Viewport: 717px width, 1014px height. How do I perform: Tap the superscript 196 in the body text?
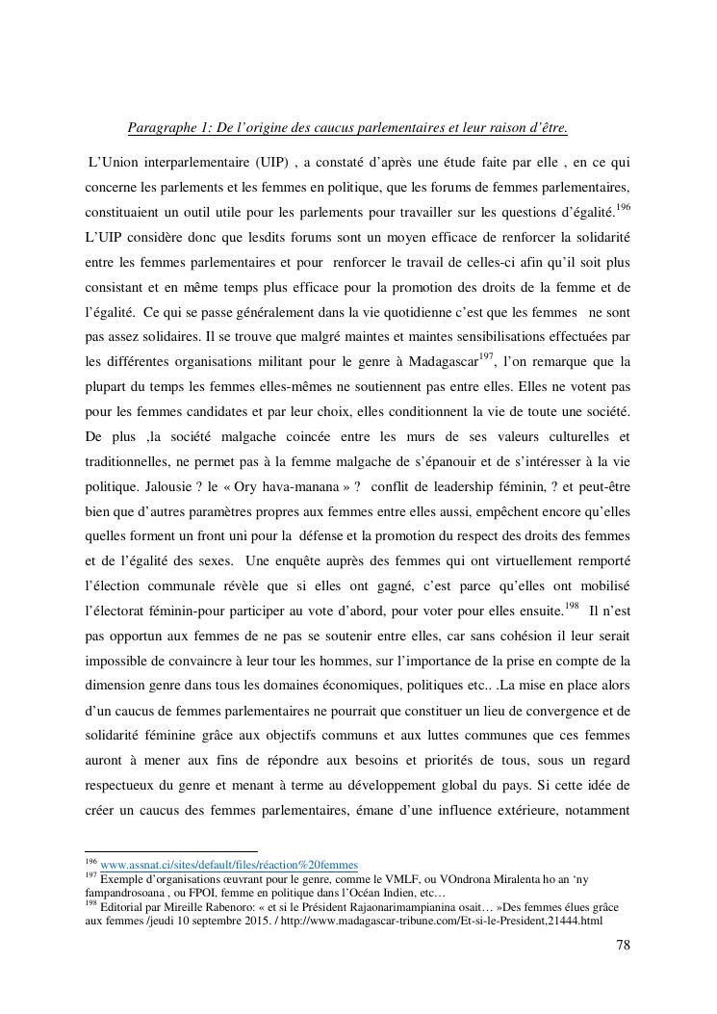[622, 208]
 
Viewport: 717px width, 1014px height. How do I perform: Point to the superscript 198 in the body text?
[572, 608]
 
